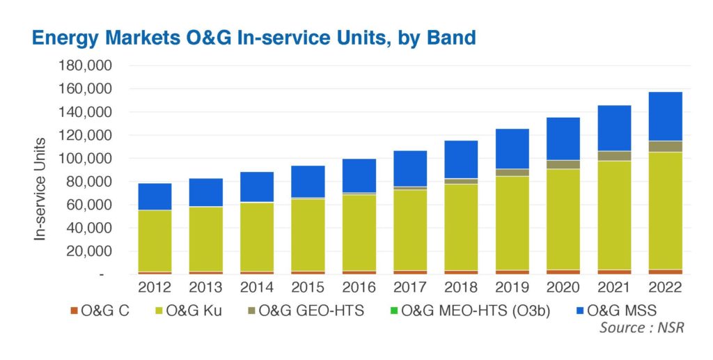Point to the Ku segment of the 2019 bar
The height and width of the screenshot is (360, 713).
[x=512, y=223]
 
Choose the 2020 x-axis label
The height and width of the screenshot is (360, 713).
[x=563, y=288]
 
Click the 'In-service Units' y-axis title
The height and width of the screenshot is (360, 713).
[x=40, y=189]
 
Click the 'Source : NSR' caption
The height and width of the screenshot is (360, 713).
[x=641, y=327]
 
